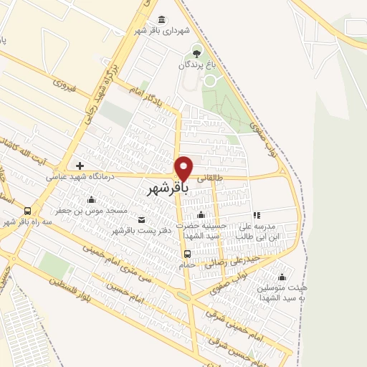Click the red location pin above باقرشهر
point(184,167)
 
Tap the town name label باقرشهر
point(168,189)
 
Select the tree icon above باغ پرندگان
point(197,52)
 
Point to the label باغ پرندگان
point(197,65)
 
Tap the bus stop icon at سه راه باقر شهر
point(27,211)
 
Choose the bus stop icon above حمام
point(187,254)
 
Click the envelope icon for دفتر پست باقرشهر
point(141,219)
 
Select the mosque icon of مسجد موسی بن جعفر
point(91,200)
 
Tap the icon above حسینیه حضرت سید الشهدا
point(201,215)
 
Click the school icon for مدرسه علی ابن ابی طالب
point(256,215)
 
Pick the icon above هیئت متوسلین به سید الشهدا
point(282,277)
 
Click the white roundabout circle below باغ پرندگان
point(210,80)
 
